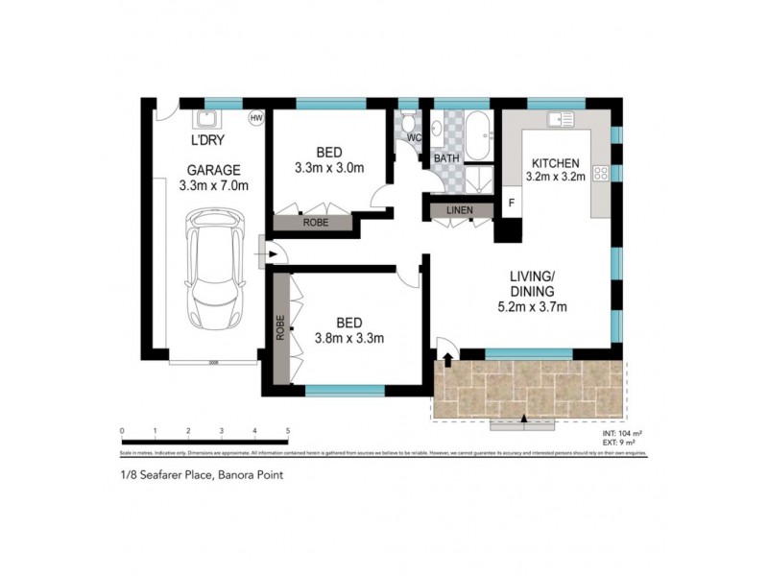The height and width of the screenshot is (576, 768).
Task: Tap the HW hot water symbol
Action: [255, 119]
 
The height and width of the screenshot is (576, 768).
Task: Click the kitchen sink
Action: [560, 119]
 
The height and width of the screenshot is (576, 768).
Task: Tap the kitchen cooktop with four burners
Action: [602, 174]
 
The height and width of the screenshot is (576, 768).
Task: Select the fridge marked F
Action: [511, 204]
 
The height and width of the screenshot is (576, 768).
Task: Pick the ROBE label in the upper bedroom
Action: [314, 222]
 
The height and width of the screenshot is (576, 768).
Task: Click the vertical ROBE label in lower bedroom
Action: [281, 329]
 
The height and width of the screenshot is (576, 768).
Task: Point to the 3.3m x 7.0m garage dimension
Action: [214, 186]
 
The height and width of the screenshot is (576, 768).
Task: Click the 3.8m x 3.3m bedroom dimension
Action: [349, 337]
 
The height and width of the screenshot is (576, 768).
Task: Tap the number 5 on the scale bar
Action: [287, 431]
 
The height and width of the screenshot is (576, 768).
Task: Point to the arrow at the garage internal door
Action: [272, 254]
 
